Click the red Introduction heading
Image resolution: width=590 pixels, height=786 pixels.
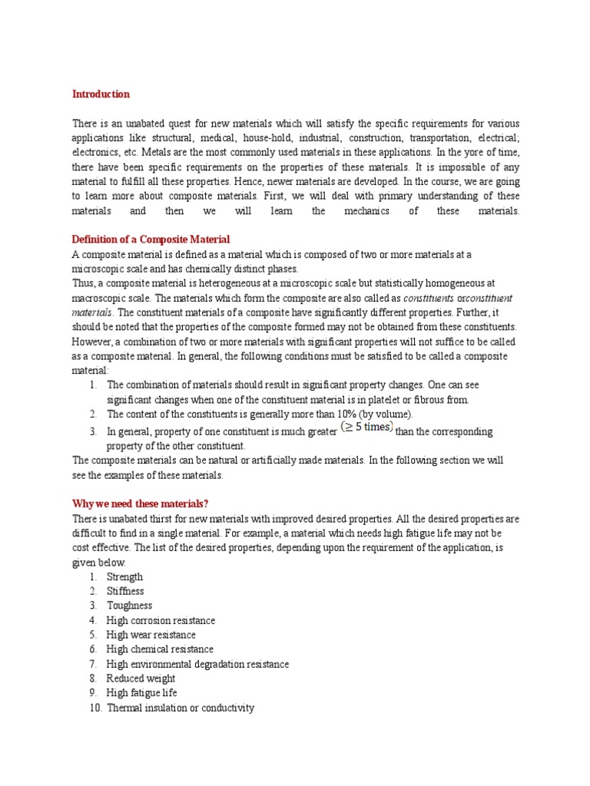coord(101,94)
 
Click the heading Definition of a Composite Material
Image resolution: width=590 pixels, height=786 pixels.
coord(151,239)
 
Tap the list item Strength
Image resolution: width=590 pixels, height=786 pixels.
coord(124,576)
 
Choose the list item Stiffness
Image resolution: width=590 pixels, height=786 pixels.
coord(125,591)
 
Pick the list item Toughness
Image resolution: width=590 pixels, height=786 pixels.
coord(129,606)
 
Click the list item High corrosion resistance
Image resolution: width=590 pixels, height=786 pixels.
coord(161,620)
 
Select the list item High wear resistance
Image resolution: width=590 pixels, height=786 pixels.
coord(151,635)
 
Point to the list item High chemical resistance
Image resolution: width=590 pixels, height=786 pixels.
coord(160,649)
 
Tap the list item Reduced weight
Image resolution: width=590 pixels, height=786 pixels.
coord(141,679)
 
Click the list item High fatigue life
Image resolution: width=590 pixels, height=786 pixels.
coord(142,693)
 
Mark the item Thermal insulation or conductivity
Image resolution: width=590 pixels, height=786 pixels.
coord(180,708)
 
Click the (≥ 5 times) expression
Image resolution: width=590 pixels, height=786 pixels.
coord(366,428)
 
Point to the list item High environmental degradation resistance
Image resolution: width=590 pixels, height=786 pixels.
coord(197,664)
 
